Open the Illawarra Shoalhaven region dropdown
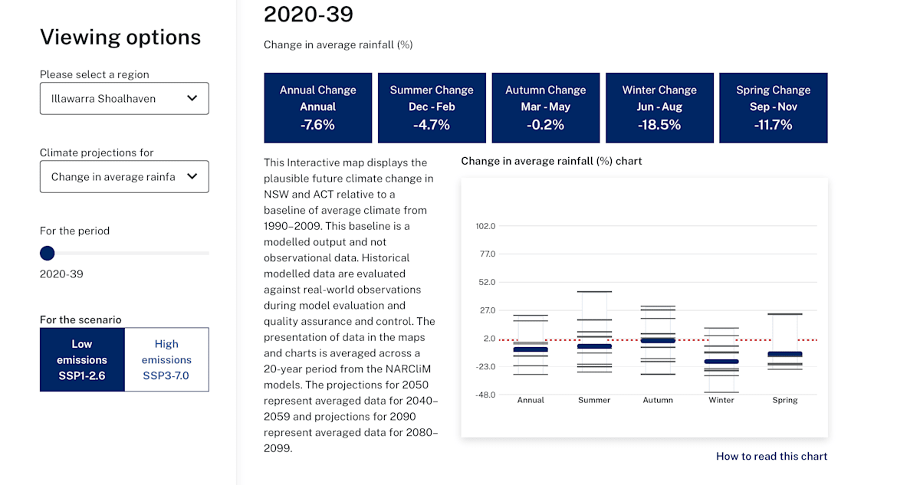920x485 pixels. [x=124, y=98]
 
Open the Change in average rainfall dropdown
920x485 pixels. [x=124, y=176]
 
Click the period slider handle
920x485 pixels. [x=48, y=253]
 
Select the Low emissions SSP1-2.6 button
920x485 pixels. [x=82, y=359]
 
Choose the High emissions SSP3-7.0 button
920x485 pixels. [x=166, y=359]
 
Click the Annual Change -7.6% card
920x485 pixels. [x=317, y=107]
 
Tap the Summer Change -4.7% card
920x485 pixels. [x=432, y=107]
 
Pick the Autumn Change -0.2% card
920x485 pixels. [x=545, y=107]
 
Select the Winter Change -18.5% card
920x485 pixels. [x=659, y=107]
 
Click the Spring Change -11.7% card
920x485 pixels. [x=773, y=107]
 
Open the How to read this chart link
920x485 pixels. [x=771, y=456]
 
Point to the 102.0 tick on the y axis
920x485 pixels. [x=485, y=226]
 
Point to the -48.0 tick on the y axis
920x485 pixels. [x=485, y=395]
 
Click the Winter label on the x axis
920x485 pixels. [x=721, y=400]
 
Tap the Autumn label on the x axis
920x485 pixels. [x=658, y=400]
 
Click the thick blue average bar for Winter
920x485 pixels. [x=721, y=362]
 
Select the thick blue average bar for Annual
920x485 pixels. [x=531, y=349]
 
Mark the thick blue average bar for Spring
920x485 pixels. [x=785, y=354]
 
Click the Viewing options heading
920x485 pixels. [x=120, y=37]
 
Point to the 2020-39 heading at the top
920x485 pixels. [x=308, y=14]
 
